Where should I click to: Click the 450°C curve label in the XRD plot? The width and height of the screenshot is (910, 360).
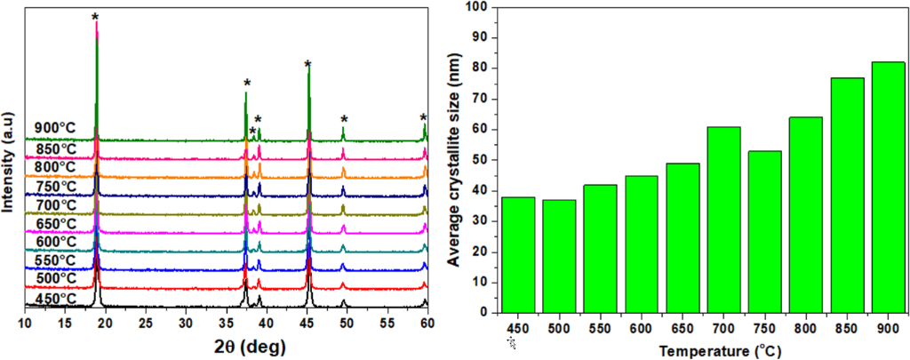pyautogui.click(x=55, y=298)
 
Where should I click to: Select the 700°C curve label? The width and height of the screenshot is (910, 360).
pyautogui.click(x=55, y=204)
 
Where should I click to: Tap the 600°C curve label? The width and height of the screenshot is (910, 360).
pyautogui.click(x=55, y=242)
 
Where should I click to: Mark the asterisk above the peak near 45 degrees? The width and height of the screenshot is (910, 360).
pyautogui.click(x=307, y=65)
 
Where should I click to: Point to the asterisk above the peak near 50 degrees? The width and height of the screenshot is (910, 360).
pyautogui.click(x=344, y=120)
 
